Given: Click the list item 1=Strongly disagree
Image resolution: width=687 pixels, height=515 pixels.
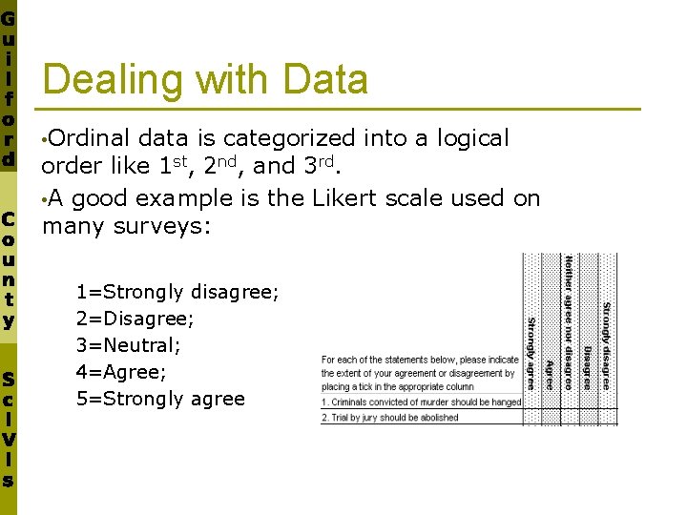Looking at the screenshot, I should (177, 292).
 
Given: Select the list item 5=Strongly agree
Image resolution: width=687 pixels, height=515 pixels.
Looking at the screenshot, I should (160, 399).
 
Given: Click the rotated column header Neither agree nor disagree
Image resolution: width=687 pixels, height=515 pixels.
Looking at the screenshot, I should (569, 321).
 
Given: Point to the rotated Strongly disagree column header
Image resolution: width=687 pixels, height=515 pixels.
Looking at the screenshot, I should (606, 344).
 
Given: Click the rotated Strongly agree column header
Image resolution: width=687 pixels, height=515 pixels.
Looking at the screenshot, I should (531, 353).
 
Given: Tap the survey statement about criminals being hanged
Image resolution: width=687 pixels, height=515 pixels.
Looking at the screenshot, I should (421, 402).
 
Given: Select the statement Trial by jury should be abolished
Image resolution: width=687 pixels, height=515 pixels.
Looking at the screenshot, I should (389, 418).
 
